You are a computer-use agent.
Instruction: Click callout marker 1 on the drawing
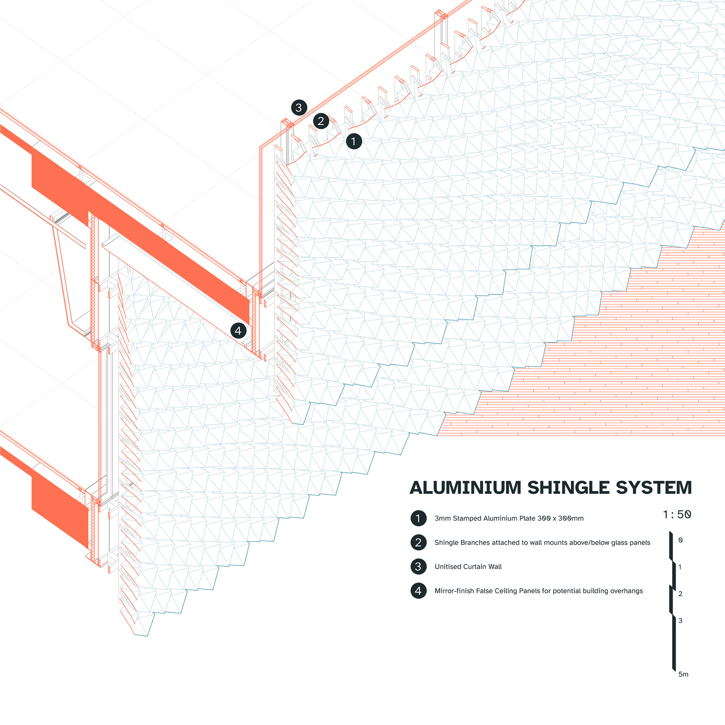tap(354, 142)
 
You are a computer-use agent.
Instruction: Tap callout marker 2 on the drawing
tap(321, 121)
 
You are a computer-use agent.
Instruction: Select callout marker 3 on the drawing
tap(299, 108)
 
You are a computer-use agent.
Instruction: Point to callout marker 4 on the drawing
tap(238, 331)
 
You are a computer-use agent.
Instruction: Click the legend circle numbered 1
tap(418, 518)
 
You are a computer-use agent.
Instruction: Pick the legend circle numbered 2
tap(418, 542)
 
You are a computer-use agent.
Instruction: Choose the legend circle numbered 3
tap(418, 566)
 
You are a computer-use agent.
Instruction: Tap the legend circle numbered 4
tap(418, 591)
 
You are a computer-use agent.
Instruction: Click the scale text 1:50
tap(677, 514)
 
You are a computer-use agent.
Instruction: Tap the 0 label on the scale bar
tap(680, 540)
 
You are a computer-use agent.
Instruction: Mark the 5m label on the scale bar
tap(683, 674)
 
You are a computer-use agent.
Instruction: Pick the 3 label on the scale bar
tap(680, 620)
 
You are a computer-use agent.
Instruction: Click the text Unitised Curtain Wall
tap(468, 566)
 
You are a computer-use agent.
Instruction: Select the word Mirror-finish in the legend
tap(454, 591)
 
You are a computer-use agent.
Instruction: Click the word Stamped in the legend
tap(467, 518)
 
